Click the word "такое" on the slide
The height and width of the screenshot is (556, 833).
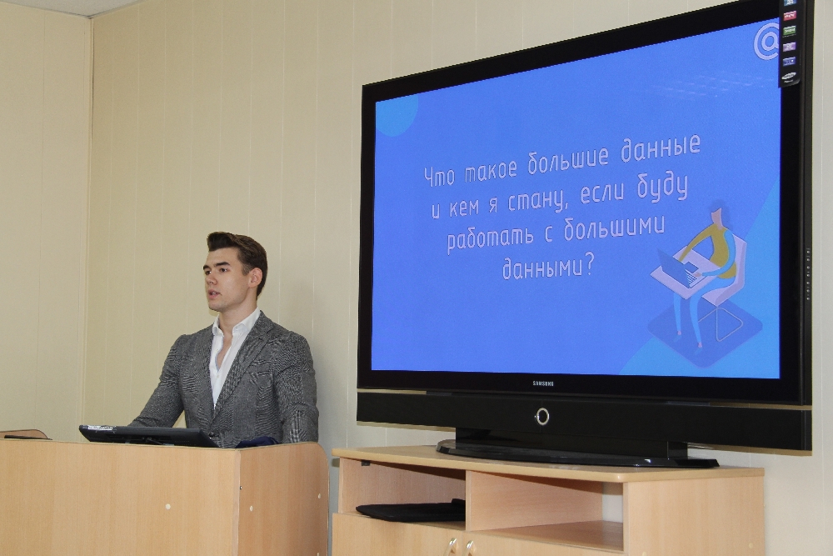pyautogui.click(x=491, y=169)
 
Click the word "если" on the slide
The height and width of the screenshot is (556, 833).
pyautogui.click(x=602, y=193)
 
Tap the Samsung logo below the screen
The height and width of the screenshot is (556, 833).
pyautogui.click(x=543, y=383)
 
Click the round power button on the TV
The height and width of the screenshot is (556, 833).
pyautogui.click(x=542, y=416)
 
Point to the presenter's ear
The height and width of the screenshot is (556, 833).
pyautogui.click(x=256, y=277)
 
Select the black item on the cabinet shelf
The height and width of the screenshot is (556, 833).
pyautogui.click(x=411, y=510)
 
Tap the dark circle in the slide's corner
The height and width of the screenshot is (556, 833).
pyautogui.click(x=397, y=115)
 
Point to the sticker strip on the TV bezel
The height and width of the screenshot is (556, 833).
pyautogui.click(x=790, y=42)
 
